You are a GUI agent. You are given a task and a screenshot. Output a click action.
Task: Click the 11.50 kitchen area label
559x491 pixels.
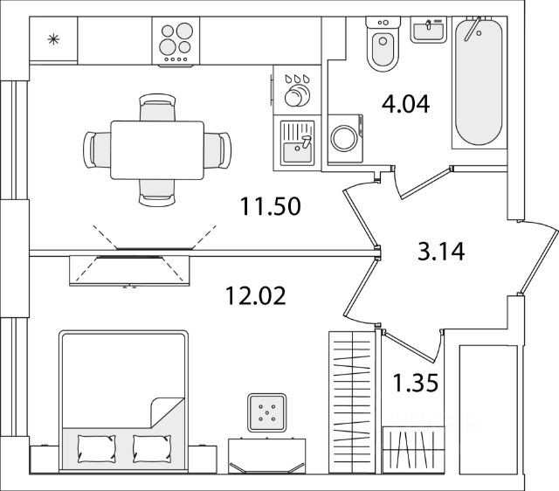(271, 209)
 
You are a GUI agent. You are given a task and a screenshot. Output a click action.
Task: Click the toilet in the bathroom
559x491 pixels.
(383, 49)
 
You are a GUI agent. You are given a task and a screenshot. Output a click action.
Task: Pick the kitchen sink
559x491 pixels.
(297, 142)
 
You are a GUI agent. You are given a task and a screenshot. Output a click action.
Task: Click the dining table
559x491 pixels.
(156, 146)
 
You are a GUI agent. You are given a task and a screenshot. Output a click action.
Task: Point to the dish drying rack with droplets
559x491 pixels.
(300, 87)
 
